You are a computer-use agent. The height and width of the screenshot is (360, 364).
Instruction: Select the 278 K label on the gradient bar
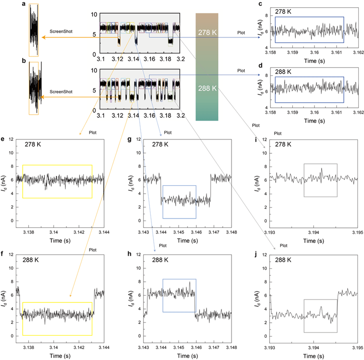point(207,31)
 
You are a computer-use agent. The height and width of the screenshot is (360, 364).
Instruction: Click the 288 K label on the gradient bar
point(207,88)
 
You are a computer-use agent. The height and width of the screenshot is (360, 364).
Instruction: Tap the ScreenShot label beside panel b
point(61,92)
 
